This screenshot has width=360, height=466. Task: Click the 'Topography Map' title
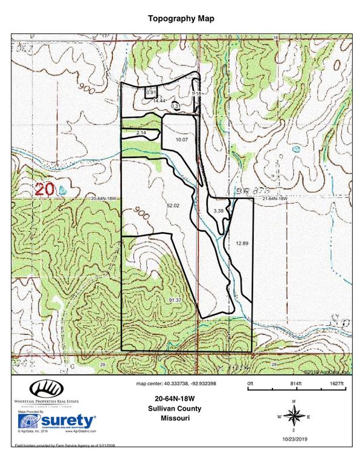pos(181,19)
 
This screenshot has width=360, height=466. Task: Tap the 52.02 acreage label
pos(173,206)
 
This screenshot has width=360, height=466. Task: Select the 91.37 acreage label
pos(176,300)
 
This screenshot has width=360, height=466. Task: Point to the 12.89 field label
pos(242,243)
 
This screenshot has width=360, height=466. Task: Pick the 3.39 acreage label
pos(218,210)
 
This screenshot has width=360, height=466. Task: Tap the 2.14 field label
pos(141,132)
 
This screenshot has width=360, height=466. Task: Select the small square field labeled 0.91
pos(151,92)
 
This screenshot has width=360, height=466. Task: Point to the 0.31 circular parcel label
pos(176,106)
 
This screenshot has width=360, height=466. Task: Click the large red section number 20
pos(46,189)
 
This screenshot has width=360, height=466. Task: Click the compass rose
pos(294,416)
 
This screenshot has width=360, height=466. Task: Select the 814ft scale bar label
pos(295,384)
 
